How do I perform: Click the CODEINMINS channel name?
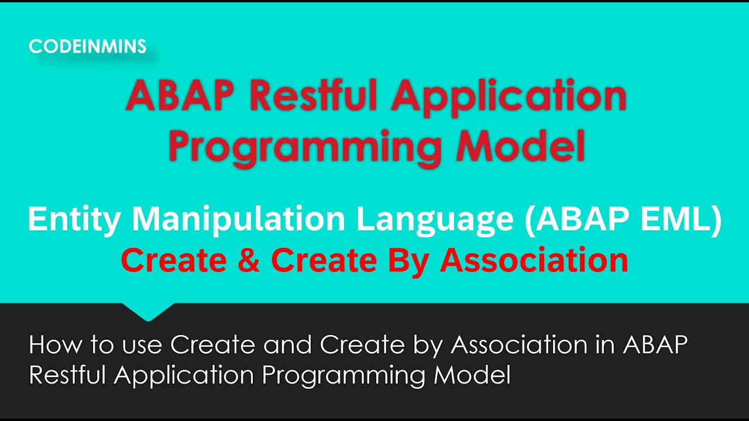[88, 47]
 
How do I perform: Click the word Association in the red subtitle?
[534, 260]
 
